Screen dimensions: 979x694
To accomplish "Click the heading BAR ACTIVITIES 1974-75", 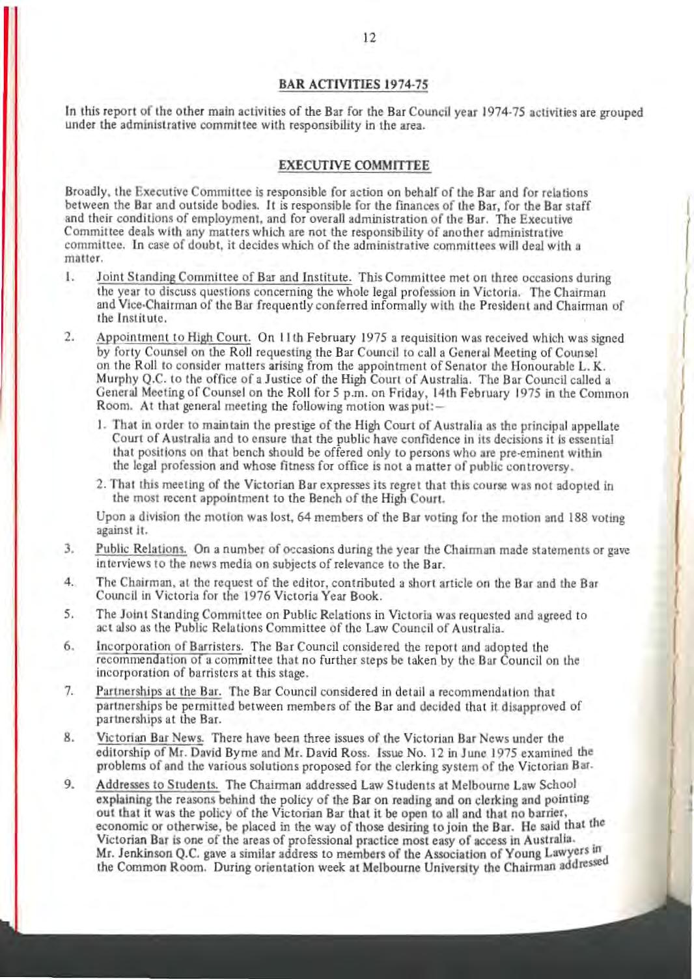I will (354, 83).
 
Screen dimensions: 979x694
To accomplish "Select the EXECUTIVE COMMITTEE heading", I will (354, 166).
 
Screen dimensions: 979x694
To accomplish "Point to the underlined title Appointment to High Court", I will (173, 338).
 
